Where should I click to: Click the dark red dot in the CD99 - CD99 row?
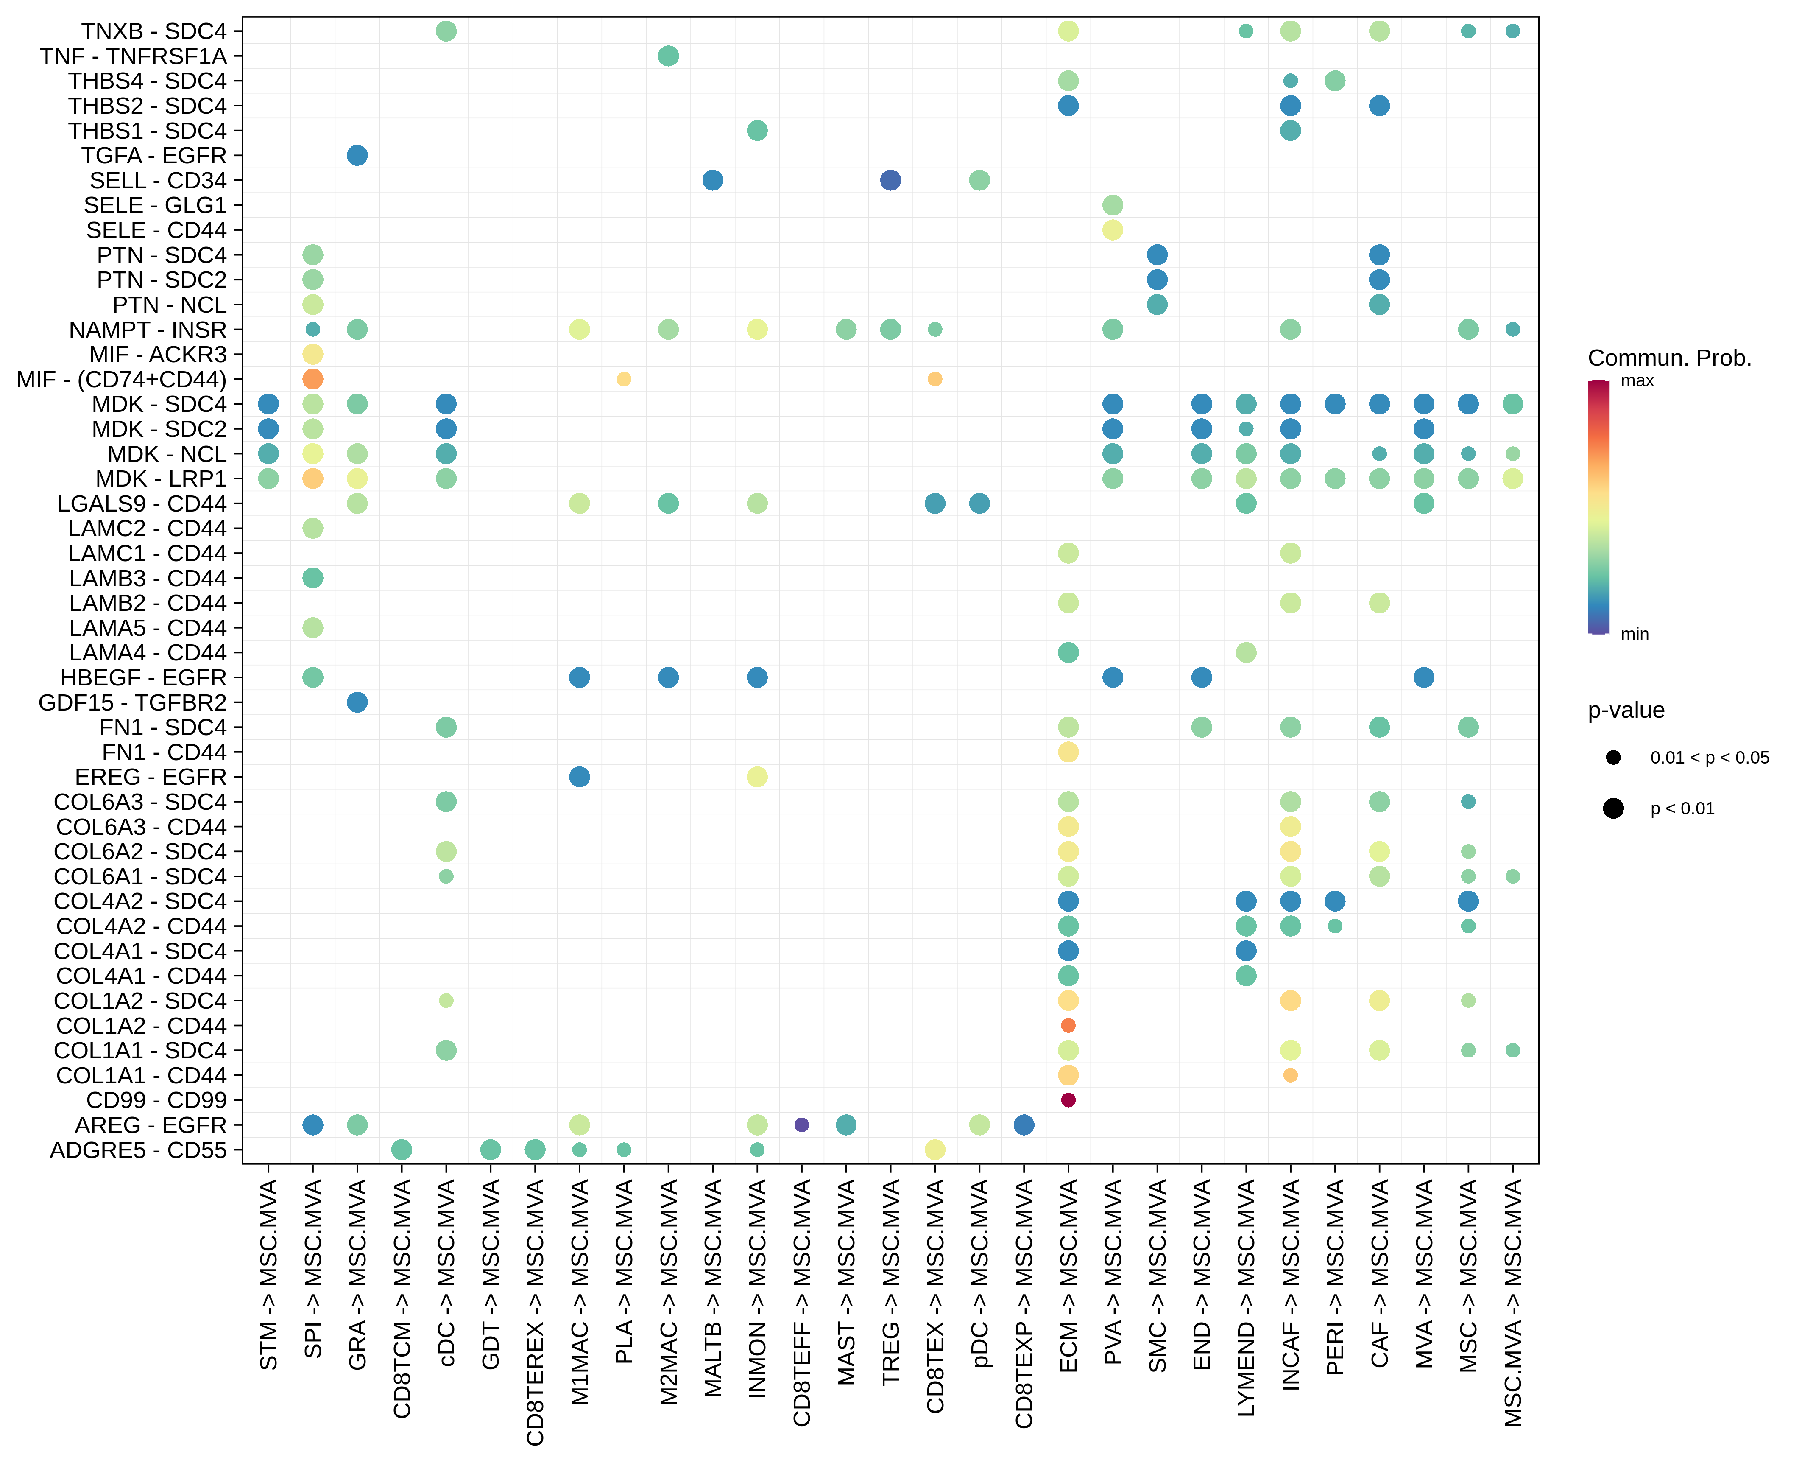point(1067,1100)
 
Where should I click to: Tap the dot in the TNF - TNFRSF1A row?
point(668,56)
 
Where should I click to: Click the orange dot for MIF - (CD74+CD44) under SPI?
point(312,379)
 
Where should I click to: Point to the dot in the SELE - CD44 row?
point(1112,230)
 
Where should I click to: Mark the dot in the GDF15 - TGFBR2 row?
point(357,702)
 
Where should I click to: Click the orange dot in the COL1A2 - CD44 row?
point(1067,1026)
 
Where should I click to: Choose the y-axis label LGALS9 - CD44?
point(142,504)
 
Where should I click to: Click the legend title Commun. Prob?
point(1669,358)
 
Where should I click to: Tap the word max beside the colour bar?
point(1637,381)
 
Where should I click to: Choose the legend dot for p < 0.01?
point(1612,809)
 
